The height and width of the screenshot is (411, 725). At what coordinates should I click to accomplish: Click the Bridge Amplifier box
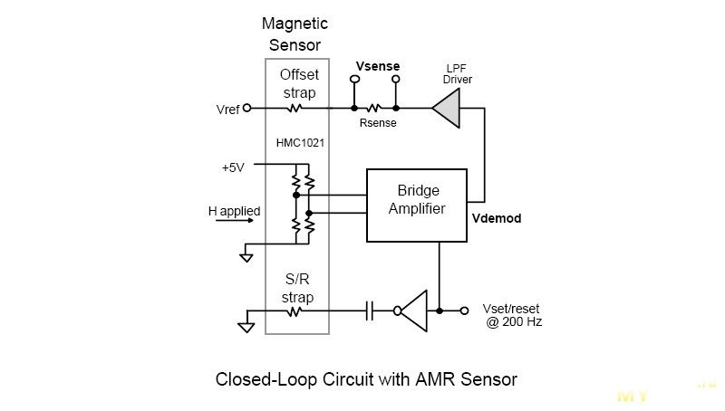[417, 205]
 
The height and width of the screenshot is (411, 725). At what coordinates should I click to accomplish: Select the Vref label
[228, 110]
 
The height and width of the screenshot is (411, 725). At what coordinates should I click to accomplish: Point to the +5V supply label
[235, 167]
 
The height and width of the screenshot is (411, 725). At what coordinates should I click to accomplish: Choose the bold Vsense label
[378, 66]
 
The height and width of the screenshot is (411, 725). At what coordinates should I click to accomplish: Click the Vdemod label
[497, 219]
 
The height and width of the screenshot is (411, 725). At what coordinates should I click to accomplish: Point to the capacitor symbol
[369, 311]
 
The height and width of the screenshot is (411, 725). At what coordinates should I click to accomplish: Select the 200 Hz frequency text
[522, 321]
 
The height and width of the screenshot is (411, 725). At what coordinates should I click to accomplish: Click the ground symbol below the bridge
[246, 257]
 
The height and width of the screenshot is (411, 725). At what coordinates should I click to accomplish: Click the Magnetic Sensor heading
[295, 33]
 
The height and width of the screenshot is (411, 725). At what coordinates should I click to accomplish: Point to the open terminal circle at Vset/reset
[465, 311]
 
